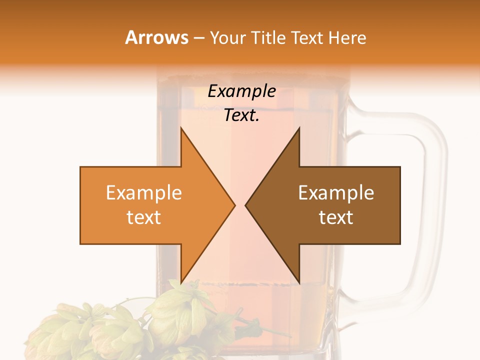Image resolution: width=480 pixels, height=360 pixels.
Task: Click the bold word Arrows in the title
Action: click(x=156, y=37)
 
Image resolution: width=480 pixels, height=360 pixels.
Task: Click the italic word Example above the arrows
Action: click(x=241, y=91)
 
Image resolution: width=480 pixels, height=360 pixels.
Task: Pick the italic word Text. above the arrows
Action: click(x=241, y=115)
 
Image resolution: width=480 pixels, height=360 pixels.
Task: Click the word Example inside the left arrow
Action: click(x=143, y=193)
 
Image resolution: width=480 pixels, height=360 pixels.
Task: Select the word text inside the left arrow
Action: click(x=143, y=217)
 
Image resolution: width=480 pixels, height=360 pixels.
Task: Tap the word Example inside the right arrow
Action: click(x=336, y=193)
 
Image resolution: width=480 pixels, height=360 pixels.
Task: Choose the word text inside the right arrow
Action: click(x=336, y=217)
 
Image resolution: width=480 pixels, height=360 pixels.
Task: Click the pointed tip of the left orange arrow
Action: click(x=234, y=205)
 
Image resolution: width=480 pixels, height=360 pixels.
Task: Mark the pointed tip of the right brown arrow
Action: click(x=246, y=205)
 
